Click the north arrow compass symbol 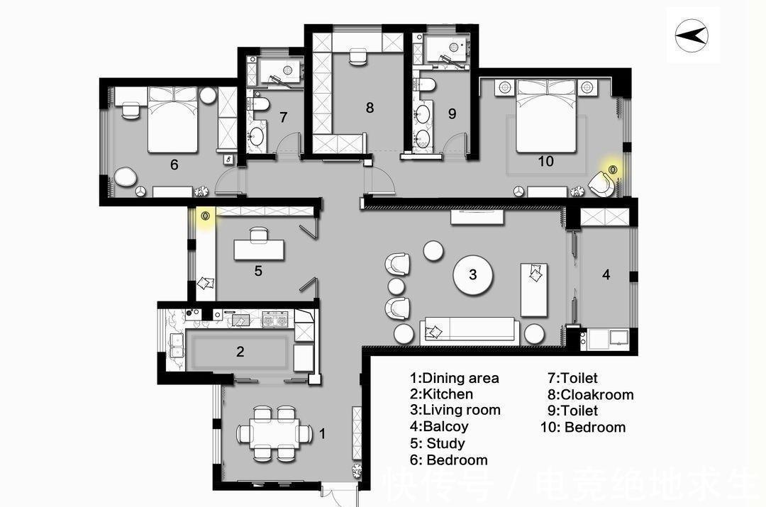692,35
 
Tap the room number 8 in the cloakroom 370,108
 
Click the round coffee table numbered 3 473,274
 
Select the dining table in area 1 274,433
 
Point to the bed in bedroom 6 173,120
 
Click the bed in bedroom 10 547,116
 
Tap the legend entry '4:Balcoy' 439,426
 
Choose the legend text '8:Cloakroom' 590,394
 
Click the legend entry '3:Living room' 455,410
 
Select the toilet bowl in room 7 259,104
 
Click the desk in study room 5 259,250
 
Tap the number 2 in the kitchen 240,351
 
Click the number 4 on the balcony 606,274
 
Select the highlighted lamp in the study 205,215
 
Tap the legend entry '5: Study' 438,443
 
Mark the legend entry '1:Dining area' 455,377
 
